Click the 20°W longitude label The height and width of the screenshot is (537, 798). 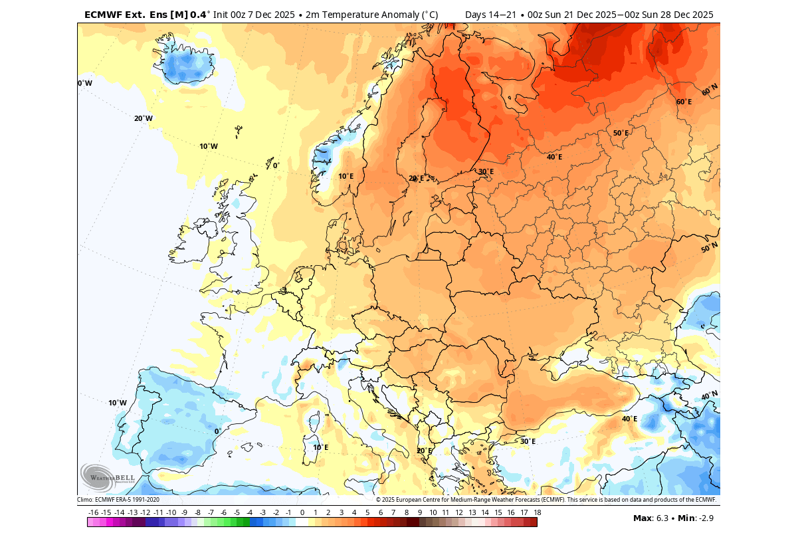tap(144, 118)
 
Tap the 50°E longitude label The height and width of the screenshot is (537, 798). tap(621, 133)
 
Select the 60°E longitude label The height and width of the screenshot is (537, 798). tap(684, 102)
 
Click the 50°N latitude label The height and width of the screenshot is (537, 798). tap(709, 248)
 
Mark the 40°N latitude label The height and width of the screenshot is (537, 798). tap(709, 396)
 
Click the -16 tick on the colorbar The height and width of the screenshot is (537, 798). tap(93, 512)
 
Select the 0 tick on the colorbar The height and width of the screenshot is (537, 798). tap(302, 512)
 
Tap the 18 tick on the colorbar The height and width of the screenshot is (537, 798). tap(536, 512)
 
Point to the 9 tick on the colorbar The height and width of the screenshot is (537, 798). tap(419, 512)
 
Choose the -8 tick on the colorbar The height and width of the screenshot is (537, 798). tap(197, 512)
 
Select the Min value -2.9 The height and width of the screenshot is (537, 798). tap(703, 518)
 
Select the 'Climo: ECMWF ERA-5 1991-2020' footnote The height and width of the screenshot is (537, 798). tap(118, 500)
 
